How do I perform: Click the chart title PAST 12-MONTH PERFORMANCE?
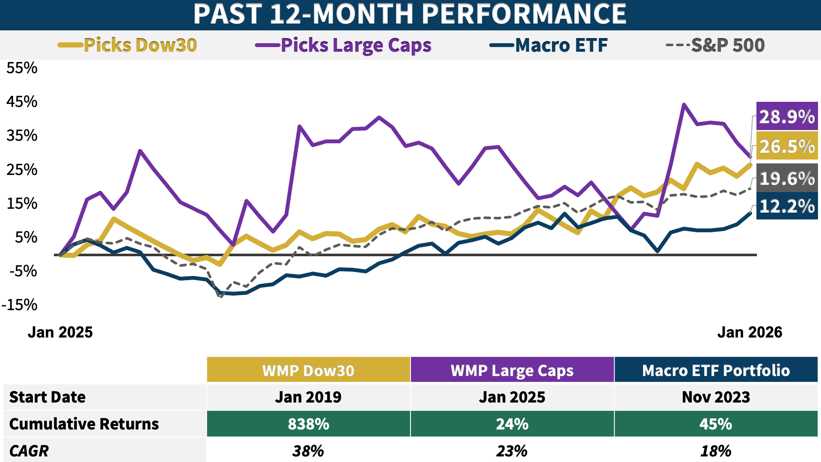pyautogui.click(x=410, y=14)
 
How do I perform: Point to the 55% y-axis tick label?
pyautogui.click(x=22, y=68)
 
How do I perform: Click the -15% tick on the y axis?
pyautogui.click(x=20, y=305)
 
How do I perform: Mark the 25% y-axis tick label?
pyautogui.click(x=22, y=170)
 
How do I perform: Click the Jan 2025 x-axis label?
pyautogui.click(x=60, y=332)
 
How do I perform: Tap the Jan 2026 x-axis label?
pyautogui.click(x=750, y=332)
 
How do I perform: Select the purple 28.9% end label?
pyautogui.click(x=787, y=117)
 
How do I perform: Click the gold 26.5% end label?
pyautogui.click(x=787, y=146)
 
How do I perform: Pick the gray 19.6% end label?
pyautogui.click(x=787, y=178)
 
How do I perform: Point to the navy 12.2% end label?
pyautogui.click(x=787, y=206)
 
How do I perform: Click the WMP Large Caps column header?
pyautogui.click(x=512, y=370)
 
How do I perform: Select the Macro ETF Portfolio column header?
pyautogui.click(x=716, y=370)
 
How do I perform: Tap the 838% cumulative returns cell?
pyautogui.click(x=308, y=424)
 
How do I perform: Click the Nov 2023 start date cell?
pyautogui.click(x=716, y=397)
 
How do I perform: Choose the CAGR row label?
pyautogui.click(x=29, y=451)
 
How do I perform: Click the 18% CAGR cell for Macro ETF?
pyautogui.click(x=716, y=451)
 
